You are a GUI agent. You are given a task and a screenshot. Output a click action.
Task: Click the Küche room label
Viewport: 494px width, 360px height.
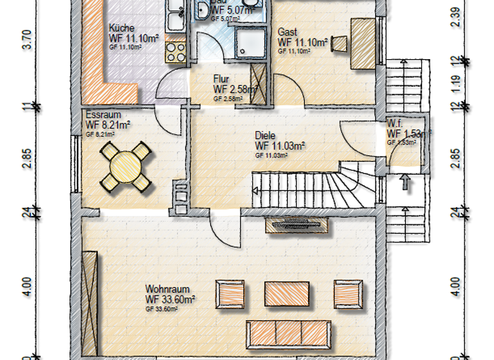tap(122, 28)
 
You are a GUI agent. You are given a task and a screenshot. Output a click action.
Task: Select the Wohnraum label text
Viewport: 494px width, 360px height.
tap(165, 289)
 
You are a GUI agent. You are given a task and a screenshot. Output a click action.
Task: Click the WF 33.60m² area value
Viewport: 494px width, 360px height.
tap(170, 299)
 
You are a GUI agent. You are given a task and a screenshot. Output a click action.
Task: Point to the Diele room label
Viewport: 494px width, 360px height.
tap(265, 136)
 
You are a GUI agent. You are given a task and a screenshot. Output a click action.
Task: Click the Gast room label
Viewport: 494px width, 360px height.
tap(288, 32)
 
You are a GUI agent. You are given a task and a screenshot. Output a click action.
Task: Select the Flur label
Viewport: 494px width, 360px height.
tap(222, 79)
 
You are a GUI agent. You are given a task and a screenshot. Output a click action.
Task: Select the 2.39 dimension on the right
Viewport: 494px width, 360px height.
tap(455, 16)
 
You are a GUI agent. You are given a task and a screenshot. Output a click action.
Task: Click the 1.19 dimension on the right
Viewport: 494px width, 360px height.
tap(455, 84)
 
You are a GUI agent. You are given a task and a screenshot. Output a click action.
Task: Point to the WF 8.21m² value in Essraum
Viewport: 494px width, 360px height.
tap(108, 125)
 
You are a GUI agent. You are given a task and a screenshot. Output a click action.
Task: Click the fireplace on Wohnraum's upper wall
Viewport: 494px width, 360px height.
tap(298, 225)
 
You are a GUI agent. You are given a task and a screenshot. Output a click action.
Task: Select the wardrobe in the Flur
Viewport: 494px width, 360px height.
tap(260, 84)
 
